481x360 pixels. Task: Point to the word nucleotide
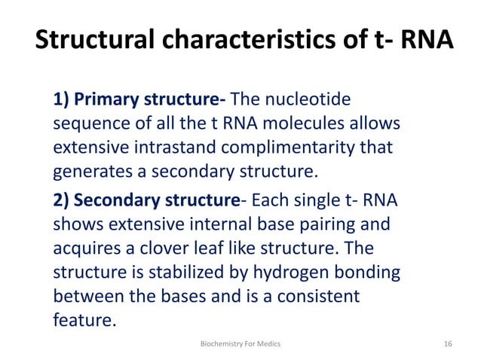point(314,99)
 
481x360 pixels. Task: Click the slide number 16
point(448,344)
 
